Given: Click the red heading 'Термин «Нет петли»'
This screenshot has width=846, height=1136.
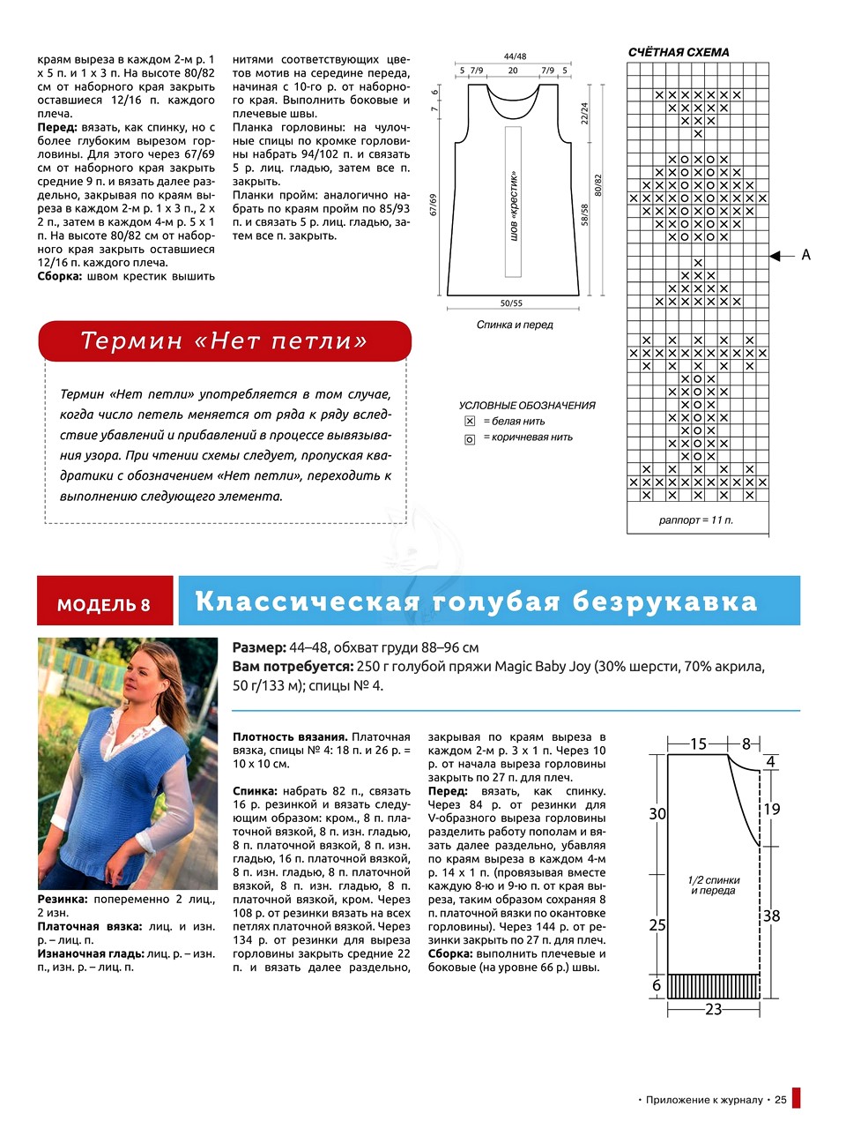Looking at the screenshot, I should (x=224, y=340).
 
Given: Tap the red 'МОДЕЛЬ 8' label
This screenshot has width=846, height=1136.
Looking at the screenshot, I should (x=104, y=605).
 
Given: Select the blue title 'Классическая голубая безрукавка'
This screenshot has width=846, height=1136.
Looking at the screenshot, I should (x=476, y=602).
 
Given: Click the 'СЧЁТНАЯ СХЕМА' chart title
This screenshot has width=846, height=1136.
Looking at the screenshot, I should (x=679, y=52).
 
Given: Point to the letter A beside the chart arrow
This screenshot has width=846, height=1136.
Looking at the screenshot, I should (x=805, y=255).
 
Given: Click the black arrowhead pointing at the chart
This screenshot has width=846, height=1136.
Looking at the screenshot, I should (x=776, y=256).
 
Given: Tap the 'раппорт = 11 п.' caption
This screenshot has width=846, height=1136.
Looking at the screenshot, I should (x=696, y=520).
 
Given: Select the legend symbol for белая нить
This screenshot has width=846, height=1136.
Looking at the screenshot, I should (x=470, y=422).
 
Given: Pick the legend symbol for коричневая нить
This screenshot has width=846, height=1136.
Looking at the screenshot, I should (x=470, y=438).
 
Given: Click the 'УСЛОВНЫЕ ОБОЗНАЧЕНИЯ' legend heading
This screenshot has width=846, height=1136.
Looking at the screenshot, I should (x=527, y=406).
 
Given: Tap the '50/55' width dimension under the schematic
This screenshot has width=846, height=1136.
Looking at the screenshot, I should (x=511, y=303).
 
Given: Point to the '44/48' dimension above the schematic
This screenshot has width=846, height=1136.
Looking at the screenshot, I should (x=515, y=56).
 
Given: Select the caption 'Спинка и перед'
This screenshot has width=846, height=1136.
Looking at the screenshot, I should (x=515, y=325).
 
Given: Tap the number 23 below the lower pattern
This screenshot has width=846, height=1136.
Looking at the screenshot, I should (x=714, y=1009).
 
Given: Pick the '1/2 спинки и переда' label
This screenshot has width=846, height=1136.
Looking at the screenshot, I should (x=714, y=885).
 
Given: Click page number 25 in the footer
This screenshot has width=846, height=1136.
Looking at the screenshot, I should (x=780, y=1100).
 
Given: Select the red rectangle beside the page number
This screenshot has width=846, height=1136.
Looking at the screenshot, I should (x=797, y=1098).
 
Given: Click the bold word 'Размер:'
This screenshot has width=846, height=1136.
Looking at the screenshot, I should (x=259, y=647).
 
